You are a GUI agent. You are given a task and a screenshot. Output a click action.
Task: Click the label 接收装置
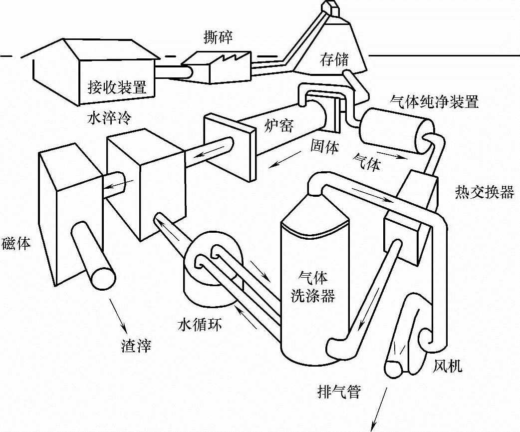click(x=117, y=88)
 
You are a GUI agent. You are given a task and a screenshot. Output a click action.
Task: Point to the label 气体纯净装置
click(x=434, y=102)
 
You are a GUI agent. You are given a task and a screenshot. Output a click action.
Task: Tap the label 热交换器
click(x=484, y=192)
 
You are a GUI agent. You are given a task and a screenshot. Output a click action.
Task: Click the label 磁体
click(x=16, y=244)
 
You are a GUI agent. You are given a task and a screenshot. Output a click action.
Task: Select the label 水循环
click(x=200, y=325)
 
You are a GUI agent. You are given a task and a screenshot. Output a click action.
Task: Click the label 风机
click(x=448, y=367)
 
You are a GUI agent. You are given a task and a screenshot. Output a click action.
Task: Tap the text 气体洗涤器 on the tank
click(x=313, y=286)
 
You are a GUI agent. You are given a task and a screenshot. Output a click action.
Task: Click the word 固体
click(x=325, y=146)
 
